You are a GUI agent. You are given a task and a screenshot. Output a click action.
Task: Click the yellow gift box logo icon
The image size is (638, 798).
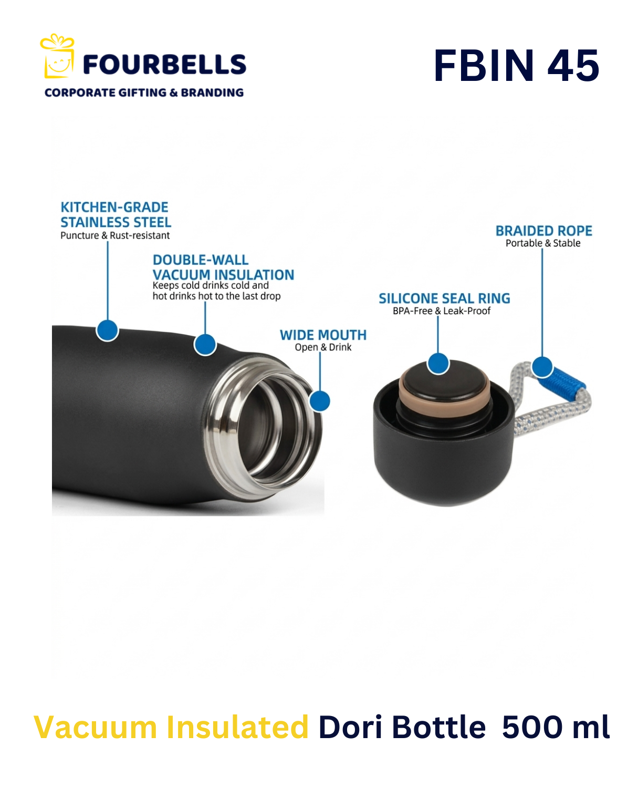tap(57, 56)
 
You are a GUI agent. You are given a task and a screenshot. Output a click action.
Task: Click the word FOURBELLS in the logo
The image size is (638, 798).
tap(164, 65)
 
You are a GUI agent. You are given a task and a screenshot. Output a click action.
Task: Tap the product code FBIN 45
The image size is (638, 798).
tap(516, 66)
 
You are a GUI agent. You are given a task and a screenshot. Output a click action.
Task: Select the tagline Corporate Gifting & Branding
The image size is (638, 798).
tap(144, 92)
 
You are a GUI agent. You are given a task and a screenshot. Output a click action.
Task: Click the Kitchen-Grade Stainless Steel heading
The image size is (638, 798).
tap(116, 214)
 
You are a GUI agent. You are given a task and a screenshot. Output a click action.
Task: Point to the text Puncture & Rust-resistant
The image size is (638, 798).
tap(115, 235)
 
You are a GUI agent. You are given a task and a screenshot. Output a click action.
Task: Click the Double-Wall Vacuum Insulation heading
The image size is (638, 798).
tap(223, 267)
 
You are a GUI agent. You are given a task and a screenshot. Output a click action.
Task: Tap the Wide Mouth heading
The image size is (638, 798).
tap(323, 335)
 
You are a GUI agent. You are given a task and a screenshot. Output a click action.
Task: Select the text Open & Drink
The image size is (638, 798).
tap(323, 347)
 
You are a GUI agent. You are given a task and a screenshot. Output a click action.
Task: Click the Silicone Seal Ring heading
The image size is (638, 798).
tap(444, 298)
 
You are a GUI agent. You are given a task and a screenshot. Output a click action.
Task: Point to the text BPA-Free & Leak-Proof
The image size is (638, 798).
tap(442, 311)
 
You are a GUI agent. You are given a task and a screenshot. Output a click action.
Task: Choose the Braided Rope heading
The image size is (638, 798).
tap(543, 231)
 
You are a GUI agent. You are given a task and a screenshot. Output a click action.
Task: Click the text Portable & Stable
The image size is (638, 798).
tap(543, 243)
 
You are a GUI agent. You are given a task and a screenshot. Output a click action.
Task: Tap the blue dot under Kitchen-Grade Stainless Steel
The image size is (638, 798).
tap(107, 330)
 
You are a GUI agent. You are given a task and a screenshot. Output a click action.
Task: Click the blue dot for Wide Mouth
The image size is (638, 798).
tap(320, 401)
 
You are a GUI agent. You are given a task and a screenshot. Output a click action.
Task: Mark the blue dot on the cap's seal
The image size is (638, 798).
tap(438, 364)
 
